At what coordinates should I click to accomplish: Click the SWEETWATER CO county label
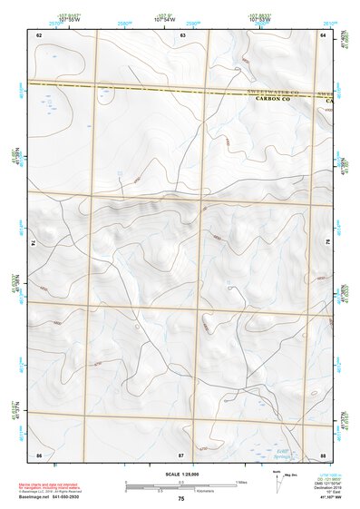[277, 93]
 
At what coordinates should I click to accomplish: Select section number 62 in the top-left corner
[39, 34]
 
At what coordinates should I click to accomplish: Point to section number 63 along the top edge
[182, 34]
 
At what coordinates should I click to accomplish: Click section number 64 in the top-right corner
[322, 34]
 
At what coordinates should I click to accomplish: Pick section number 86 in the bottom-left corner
[39, 453]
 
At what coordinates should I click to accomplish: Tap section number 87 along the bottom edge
[180, 453]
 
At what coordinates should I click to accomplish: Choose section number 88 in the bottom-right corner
[322, 453]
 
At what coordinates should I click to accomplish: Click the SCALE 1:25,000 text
[180, 473]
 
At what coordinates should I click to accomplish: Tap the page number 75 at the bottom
[180, 499]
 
